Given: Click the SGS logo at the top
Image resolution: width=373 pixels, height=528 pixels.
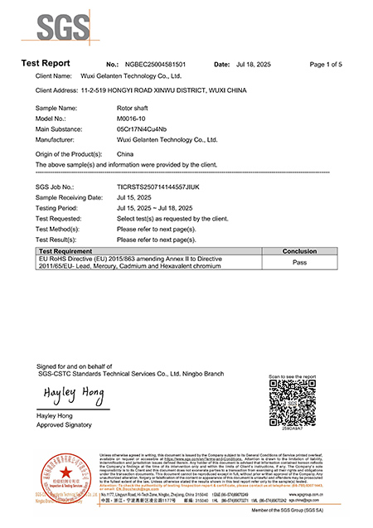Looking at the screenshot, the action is pyautogui.click(x=60, y=27).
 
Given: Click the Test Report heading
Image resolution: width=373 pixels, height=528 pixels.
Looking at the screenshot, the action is pyautogui.click(x=46, y=64).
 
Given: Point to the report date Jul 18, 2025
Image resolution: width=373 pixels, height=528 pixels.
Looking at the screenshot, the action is pyautogui.click(x=253, y=64).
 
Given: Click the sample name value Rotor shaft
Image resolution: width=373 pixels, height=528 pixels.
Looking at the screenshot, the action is pyautogui.click(x=134, y=109).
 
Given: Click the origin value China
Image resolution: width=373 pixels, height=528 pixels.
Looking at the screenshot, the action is pyautogui.click(x=126, y=154).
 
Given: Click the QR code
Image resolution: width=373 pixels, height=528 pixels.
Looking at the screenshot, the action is pyautogui.click(x=293, y=405).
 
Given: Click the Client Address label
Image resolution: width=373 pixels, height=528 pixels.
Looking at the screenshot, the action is pyautogui.click(x=58, y=88).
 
